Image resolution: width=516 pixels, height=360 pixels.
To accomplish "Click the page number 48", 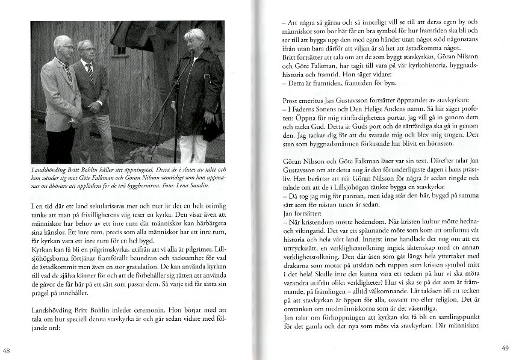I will click(7, 351).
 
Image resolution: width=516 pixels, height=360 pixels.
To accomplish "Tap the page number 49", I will click(505, 348).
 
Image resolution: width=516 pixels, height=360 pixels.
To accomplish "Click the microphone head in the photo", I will click(192, 52).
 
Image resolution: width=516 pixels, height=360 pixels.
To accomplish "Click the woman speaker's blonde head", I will click(197, 38).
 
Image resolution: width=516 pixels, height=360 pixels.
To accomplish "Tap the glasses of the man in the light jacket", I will click(66, 47).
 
